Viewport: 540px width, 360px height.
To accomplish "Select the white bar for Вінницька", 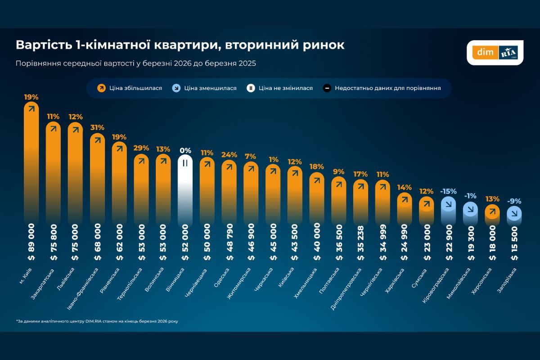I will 185,189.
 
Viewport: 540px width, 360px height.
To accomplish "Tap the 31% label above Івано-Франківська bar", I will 97,127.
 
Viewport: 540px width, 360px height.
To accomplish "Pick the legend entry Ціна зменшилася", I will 205,88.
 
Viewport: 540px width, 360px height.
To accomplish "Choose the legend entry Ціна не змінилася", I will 280,88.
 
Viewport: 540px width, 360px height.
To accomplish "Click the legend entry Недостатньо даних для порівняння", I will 382,88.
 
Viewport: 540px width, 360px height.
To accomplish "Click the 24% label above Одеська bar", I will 229,154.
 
